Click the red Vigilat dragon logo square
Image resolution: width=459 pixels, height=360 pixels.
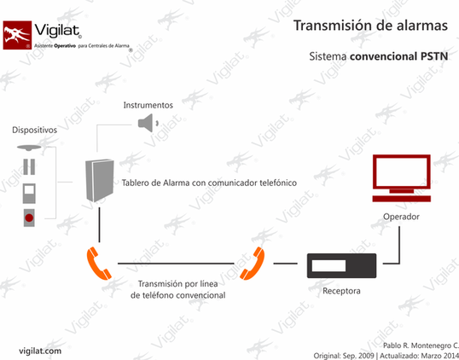coord(17,35)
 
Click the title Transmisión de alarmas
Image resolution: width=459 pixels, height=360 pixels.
coord(370,26)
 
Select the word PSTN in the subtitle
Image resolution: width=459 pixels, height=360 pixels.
coord(434,56)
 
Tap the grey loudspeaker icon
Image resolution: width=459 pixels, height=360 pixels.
coord(148,123)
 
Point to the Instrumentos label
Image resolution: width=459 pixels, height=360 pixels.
coord(148,105)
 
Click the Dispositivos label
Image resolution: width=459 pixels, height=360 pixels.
coord(34,130)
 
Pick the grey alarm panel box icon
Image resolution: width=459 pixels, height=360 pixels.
coord(100,181)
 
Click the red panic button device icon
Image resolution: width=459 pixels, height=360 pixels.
coord(29,218)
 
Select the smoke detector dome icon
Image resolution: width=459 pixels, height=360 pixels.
coord(29,148)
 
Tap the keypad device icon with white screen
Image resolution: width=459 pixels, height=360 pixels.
coord(29,194)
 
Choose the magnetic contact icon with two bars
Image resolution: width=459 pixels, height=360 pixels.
coord(29,167)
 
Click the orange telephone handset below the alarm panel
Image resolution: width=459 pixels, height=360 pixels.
coord(99,263)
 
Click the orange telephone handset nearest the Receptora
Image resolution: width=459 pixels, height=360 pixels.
coord(253,263)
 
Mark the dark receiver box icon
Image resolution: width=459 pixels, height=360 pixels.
coord(341,266)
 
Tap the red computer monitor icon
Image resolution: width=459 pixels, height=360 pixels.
coord(401,178)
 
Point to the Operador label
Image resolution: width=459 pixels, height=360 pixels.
coord(401,217)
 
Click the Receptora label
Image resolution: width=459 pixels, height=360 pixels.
coord(341,291)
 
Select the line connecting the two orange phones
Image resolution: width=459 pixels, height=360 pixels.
coord(176,264)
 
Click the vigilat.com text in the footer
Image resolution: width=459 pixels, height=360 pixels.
coord(40,351)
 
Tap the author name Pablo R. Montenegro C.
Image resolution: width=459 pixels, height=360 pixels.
coord(421,345)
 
